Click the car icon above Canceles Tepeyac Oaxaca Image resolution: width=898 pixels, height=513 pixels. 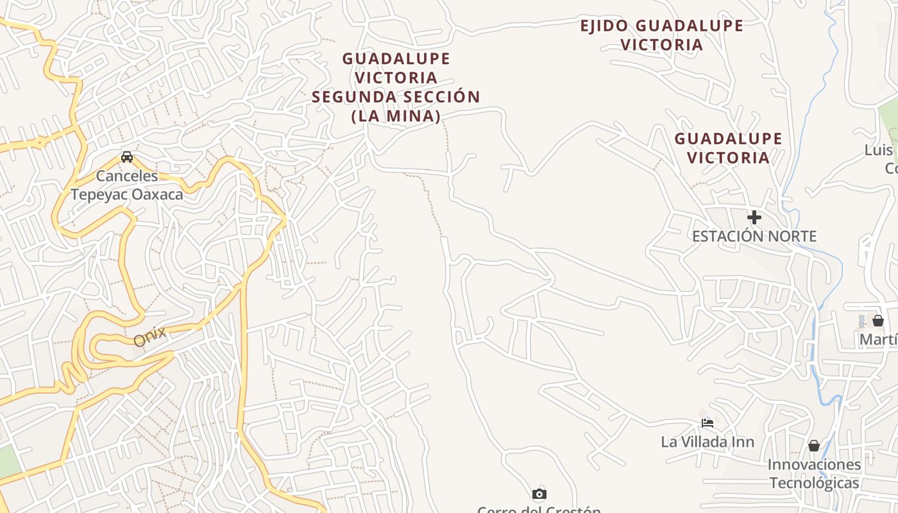click(127, 157)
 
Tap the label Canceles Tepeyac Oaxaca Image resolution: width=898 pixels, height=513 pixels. click(127, 185)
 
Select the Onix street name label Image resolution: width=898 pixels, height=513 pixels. click(150, 336)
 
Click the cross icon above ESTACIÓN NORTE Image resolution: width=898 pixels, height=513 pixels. click(754, 217)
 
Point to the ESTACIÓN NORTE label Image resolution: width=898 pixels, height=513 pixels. click(754, 236)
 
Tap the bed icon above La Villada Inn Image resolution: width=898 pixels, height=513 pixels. click(707, 423)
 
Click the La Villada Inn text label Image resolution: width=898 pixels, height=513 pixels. click(707, 442)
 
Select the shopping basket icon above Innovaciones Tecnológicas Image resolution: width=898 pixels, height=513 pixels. click(814, 445)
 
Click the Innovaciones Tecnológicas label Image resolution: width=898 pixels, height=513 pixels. click(814, 473)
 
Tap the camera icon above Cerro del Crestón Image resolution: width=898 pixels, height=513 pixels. click(539, 494)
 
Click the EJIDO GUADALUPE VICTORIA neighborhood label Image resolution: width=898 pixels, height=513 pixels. click(661, 35)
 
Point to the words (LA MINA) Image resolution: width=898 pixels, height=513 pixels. click(396, 116)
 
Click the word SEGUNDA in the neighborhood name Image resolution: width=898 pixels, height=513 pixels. click(353, 97)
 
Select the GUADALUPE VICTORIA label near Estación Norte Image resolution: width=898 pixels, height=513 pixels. click(728, 148)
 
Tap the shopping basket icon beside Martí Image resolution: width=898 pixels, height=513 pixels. click(877, 321)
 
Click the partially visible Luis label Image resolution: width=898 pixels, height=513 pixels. click(879, 150)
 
